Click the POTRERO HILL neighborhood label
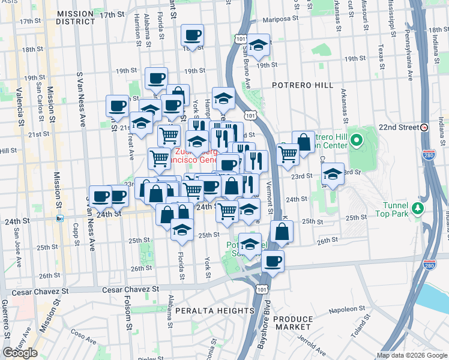[x=302, y=86]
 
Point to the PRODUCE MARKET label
[x=293, y=323]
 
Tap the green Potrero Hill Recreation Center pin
[x=356, y=142]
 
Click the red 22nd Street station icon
[x=424, y=128]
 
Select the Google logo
[x=20, y=352]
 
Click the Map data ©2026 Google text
[x=411, y=355]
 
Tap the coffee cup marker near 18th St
[x=193, y=36]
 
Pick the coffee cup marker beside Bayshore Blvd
[x=273, y=261]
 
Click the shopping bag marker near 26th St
[x=282, y=231]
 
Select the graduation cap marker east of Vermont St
[x=332, y=174]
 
